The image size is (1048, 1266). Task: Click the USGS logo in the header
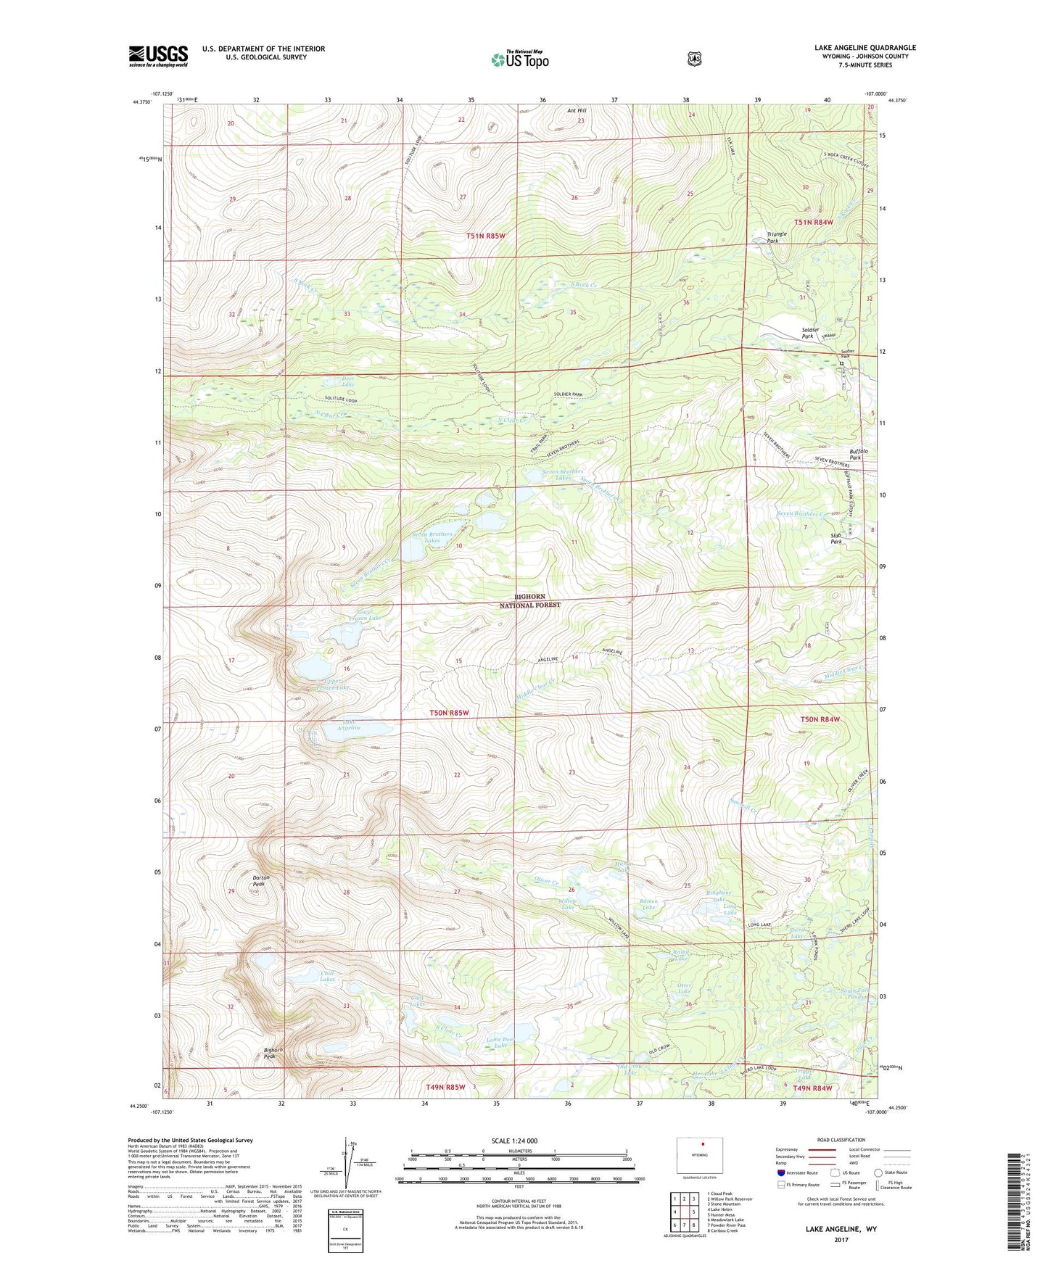point(158,56)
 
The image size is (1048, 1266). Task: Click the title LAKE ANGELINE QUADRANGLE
point(865,48)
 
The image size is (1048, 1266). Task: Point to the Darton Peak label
point(260,881)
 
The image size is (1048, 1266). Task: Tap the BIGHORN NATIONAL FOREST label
point(531,600)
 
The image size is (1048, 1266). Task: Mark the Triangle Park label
point(777,236)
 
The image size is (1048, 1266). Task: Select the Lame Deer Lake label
point(500,1042)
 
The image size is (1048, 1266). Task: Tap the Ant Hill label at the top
point(577,111)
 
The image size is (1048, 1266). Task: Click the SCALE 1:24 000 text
point(514,1141)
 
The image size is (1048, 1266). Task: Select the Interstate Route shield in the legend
point(780,1172)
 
